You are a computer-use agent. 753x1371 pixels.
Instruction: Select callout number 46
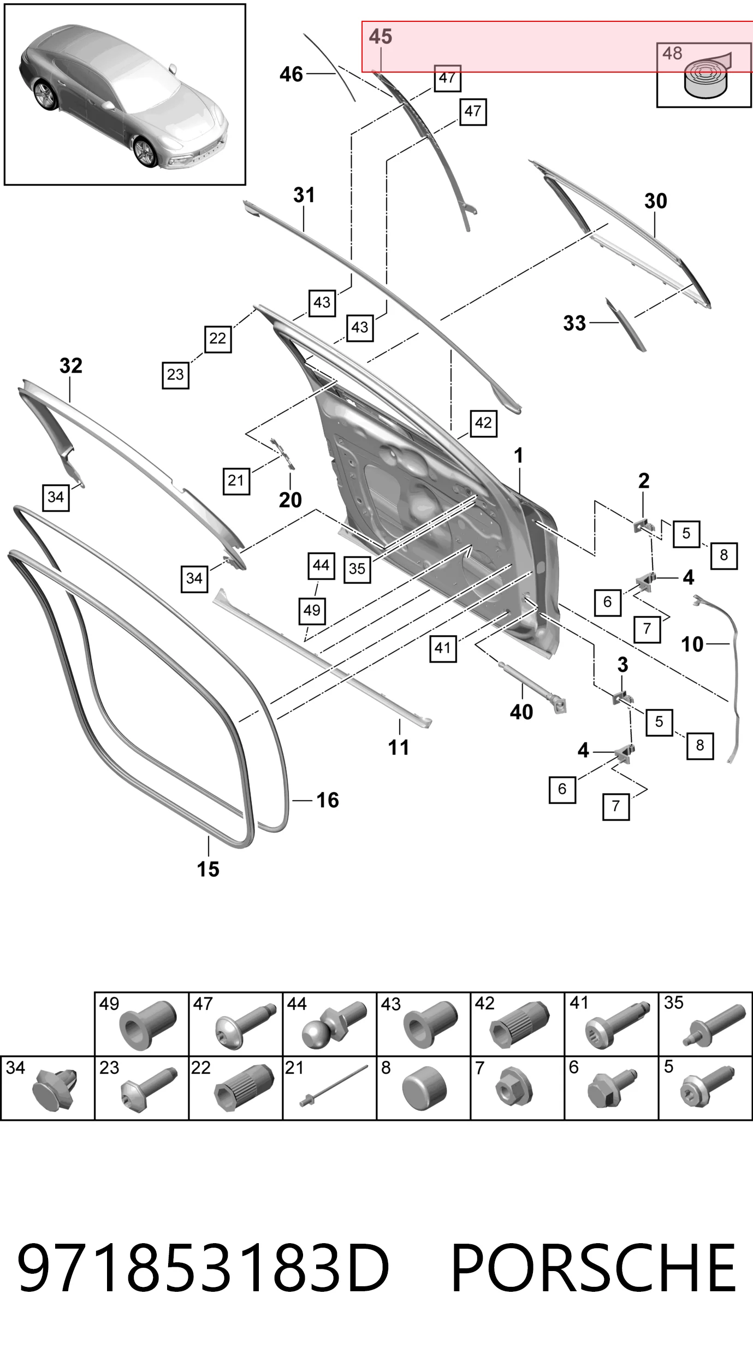click(291, 74)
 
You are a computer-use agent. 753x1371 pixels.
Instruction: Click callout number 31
click(304, 195)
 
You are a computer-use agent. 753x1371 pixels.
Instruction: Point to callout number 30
click(655, 201)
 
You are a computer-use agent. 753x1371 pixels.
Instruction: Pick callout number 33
click(574, 323)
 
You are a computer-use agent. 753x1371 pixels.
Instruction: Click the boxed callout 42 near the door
click(483, 423)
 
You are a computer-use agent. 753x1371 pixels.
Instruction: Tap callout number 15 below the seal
click(208, 869)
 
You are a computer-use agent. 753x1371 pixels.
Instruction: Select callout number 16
click(328, 800)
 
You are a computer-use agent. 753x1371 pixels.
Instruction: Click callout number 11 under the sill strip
click(399, 747)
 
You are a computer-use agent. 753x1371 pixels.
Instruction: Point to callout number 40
click(521, 712)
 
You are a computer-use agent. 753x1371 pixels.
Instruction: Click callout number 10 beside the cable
click(692, 644)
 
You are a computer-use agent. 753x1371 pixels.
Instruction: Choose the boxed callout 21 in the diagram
click(236, 481)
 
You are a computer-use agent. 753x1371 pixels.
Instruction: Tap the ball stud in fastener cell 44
click(333, 1028)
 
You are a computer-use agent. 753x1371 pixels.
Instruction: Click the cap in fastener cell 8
click(424, 1088)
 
